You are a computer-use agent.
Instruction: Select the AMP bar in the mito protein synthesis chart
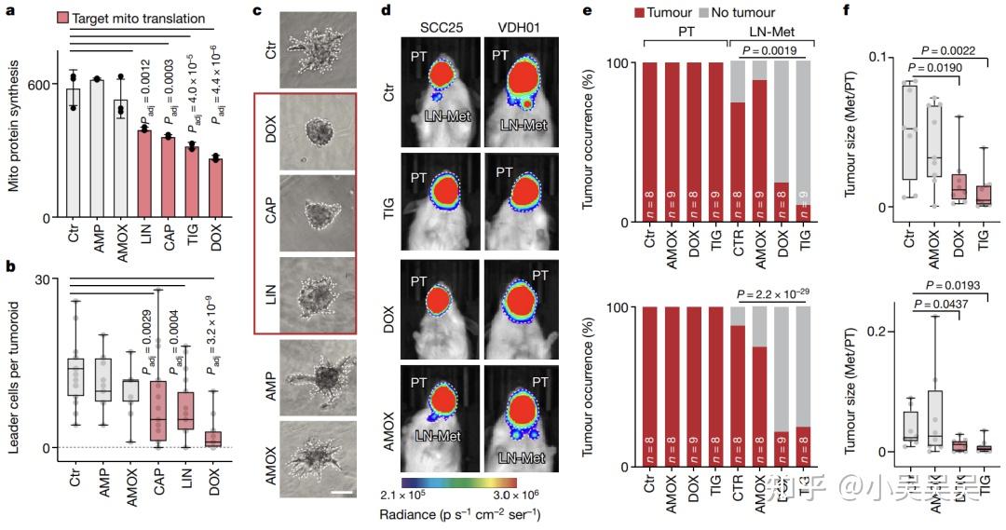tap(96, 149)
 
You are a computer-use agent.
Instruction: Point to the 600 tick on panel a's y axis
tap(40, 85)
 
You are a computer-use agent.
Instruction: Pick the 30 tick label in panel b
tap(40, 280)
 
